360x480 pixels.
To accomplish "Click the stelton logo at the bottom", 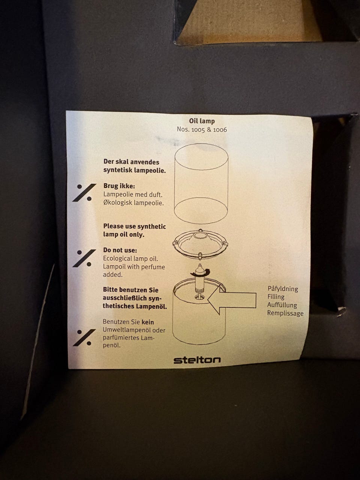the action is (x=197, y=360).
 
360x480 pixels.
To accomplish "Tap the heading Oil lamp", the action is (x=202, y=121).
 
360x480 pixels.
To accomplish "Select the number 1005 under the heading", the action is (x=198, y=130).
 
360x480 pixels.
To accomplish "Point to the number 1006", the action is (x=220, y=130).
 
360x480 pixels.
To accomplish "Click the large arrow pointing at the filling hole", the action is (x=232, y=300).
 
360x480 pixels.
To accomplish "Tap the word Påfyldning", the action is (x=283, y=289).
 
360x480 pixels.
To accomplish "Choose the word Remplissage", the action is (x=285, y=313).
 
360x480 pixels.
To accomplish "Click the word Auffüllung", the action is (x=282, y=305).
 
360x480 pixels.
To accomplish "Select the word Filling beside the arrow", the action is (x=276, y=297).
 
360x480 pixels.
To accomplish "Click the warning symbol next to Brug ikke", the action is (x=84, y=193).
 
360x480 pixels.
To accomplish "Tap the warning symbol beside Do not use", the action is (x=84, y=258).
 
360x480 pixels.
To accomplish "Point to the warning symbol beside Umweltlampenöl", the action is (x=84, y=337).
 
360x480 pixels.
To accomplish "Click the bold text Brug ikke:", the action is (x=119, y=186).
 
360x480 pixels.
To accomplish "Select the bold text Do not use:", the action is (x=120, y=250).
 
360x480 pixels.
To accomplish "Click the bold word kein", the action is (x=148, y=322).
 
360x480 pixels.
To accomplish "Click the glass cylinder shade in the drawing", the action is (x=201, y=184).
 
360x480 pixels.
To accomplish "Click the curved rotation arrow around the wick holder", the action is (x=200, y=272).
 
